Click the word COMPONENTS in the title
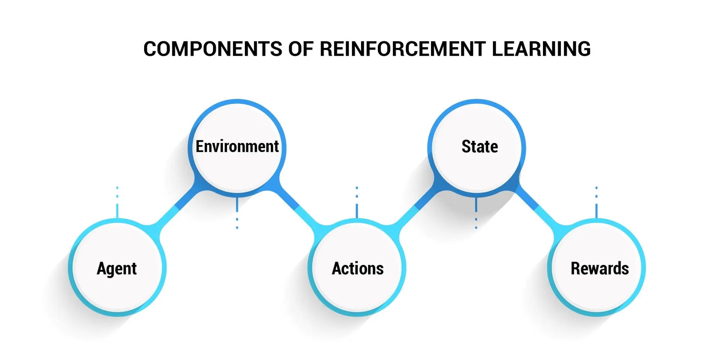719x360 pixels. [x=213, y=49]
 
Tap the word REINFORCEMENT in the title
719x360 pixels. [x=403, y=49]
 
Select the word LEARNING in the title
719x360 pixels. [x=541, y=49]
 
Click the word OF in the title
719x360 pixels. [x=301, y=49]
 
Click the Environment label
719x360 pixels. [x=237, y=146]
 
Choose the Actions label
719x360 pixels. [x=358, y=269]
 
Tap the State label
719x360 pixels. [x=480, y=146]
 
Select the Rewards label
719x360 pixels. [x=600, y=269]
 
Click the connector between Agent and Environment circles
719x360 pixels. [x=177, y=207]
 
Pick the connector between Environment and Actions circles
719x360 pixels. [x=297, y=207]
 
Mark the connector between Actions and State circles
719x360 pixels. [x=417, y=207]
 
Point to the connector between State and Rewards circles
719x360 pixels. [x=537, y=207]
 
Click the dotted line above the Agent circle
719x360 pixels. [x=117, y=202]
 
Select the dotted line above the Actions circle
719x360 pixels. [x=357, y=202]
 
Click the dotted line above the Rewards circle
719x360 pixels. [x=597, y=202]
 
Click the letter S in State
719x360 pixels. [x=466, y=146]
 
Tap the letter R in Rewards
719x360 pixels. [x=576, y=269]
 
